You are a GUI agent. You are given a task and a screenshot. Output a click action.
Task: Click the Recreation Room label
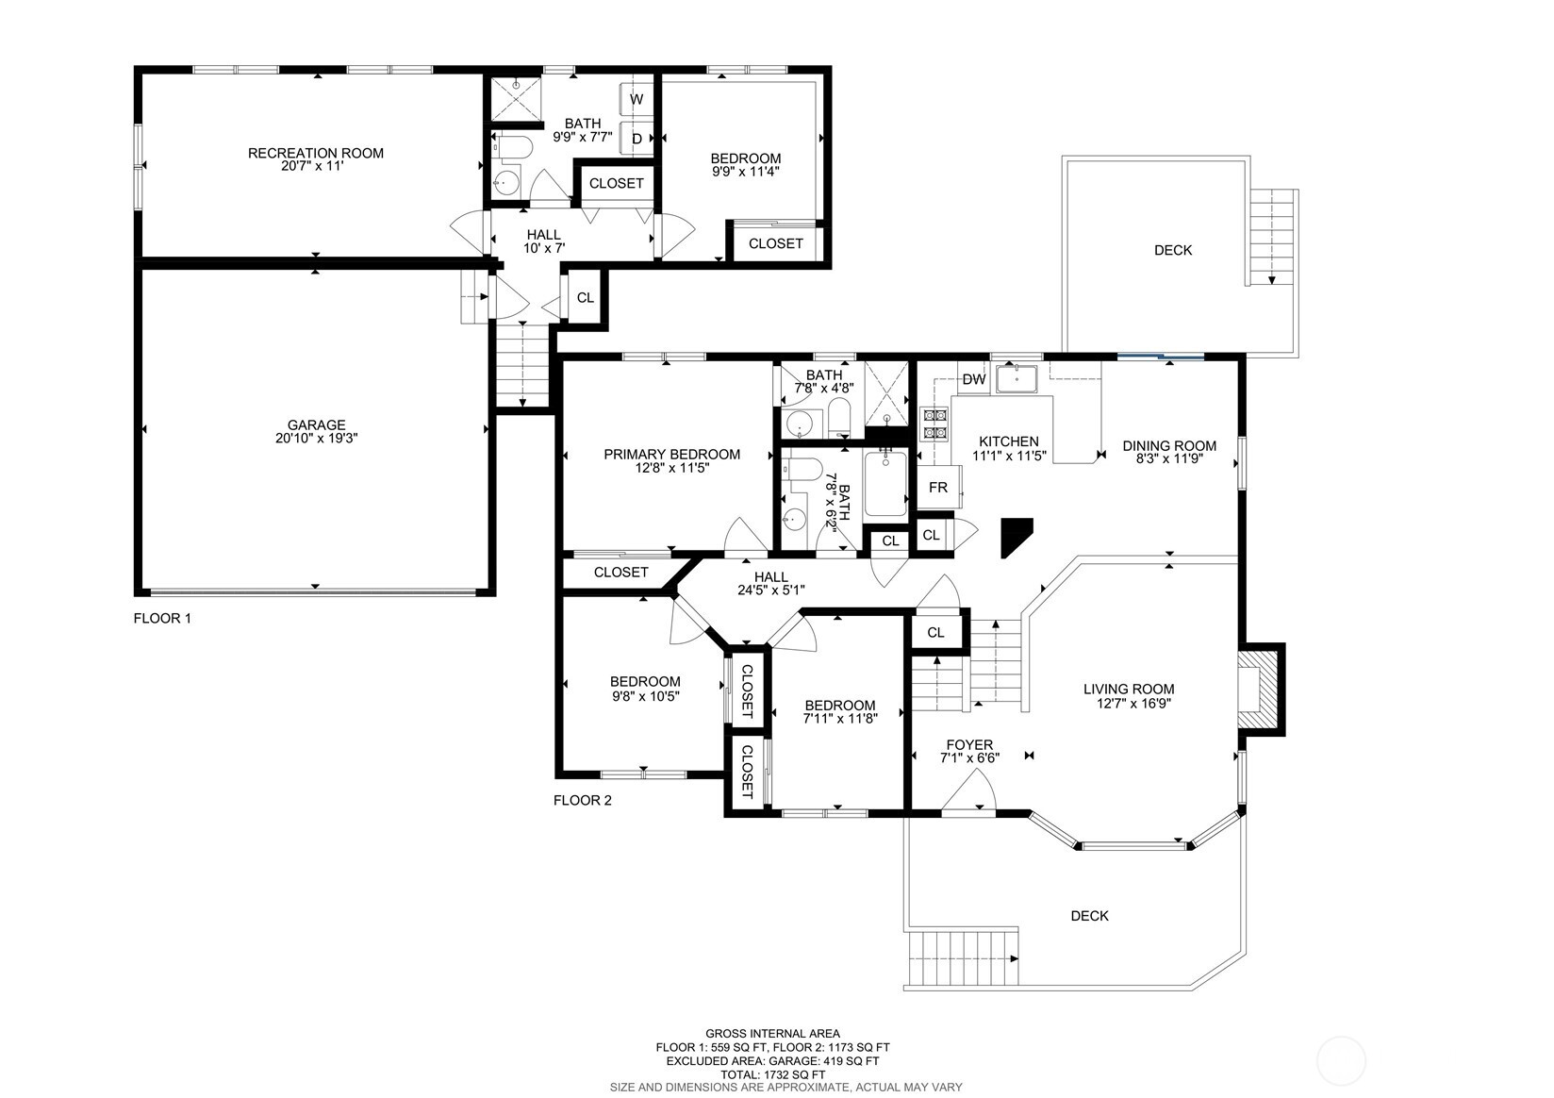[315, 153]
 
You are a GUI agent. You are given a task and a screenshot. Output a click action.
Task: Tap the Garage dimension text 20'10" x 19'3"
[316, 439]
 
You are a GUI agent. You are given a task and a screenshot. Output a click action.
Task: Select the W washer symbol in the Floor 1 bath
[636, 99]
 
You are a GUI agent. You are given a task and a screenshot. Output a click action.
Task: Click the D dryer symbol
[636, 139]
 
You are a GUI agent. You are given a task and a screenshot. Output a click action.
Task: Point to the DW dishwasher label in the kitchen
[973, 379]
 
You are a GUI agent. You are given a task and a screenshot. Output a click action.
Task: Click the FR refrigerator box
[938, 488]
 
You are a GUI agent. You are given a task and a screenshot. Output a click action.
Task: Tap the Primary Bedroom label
[671, 454]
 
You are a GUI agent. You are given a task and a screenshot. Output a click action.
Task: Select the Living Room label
[1128, 690]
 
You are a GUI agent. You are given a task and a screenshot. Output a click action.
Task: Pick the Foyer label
[969, 745]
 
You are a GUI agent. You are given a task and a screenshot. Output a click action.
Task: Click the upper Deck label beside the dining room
[1172, 250]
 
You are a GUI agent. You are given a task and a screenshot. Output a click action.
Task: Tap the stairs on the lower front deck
[962, 958]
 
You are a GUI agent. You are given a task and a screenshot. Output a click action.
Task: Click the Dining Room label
[1168, 446]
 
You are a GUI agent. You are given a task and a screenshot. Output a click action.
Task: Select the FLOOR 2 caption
[582, 801]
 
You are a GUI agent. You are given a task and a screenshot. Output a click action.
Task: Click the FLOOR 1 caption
[162, 619]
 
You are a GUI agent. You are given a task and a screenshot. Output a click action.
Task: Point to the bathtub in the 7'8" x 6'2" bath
[885, 484]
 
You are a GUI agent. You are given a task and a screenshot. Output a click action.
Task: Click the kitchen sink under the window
[1017, 378]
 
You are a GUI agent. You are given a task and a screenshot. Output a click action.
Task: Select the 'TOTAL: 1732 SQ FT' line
[772, 1073]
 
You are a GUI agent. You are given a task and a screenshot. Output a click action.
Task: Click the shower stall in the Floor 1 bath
[515, 98]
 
